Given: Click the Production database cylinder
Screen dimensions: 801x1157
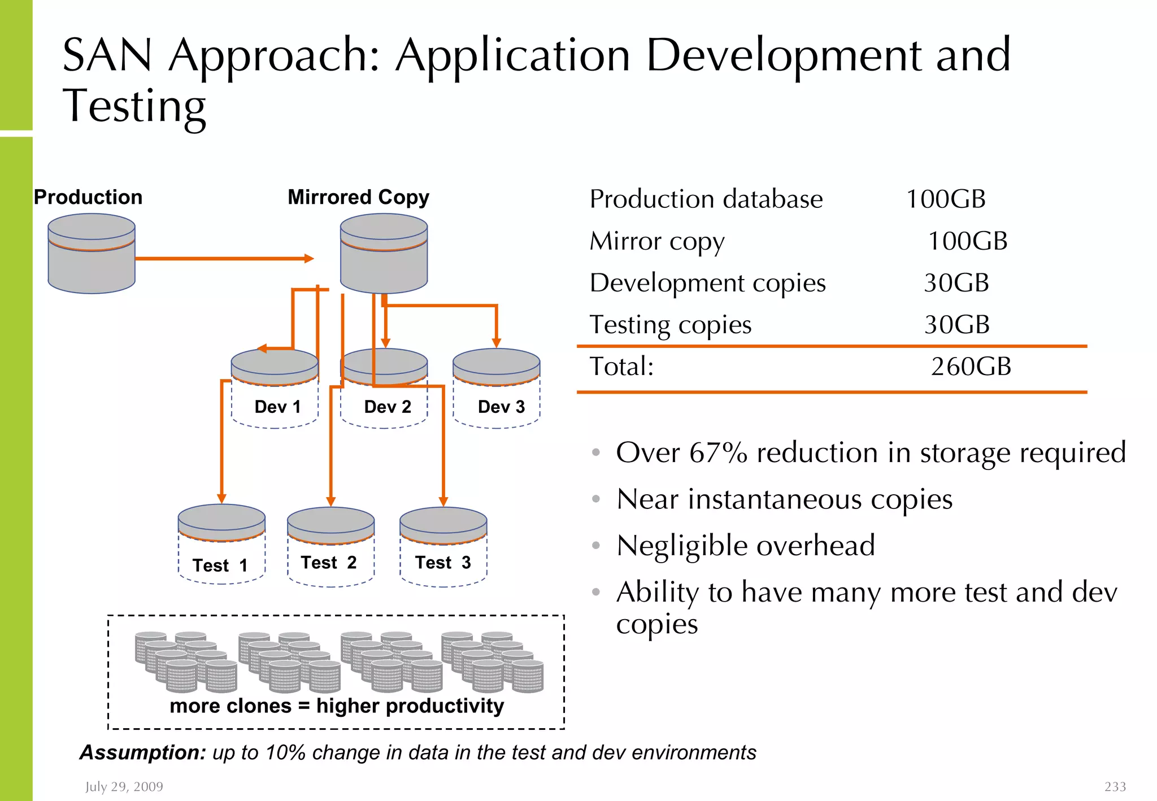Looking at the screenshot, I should tap(92, 254).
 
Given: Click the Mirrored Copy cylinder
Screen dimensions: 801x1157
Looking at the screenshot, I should tap(384, 254).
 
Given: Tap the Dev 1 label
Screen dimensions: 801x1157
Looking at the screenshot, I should tap(277, 407).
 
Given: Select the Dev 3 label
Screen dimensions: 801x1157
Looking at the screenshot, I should tap(501, 407).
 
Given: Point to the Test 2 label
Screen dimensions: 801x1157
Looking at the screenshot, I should tap(329, 563).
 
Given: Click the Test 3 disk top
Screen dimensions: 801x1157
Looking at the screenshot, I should tap(443, 520).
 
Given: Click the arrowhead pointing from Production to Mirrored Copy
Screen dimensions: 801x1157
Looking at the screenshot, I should tap(309, 259).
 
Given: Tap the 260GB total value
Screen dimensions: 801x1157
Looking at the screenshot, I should tap(971, 367).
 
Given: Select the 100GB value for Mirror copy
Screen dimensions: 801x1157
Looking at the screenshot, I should tap(967, 241).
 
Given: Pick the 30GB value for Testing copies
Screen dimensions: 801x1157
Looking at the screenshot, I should tap(956, 325).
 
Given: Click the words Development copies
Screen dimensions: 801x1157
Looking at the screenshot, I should tap(707, 283).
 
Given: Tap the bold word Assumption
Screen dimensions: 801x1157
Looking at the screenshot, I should tap(143, 753).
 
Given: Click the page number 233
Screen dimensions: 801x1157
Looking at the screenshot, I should tap(1115, 787).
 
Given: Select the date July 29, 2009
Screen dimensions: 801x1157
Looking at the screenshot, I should tap(124, 787).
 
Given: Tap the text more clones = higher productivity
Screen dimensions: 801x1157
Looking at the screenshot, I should tap(337, 706).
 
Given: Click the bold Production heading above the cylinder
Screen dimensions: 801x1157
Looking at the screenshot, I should tap(88, 197).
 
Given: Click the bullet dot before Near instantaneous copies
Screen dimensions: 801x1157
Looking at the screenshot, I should tap(595, 499).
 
